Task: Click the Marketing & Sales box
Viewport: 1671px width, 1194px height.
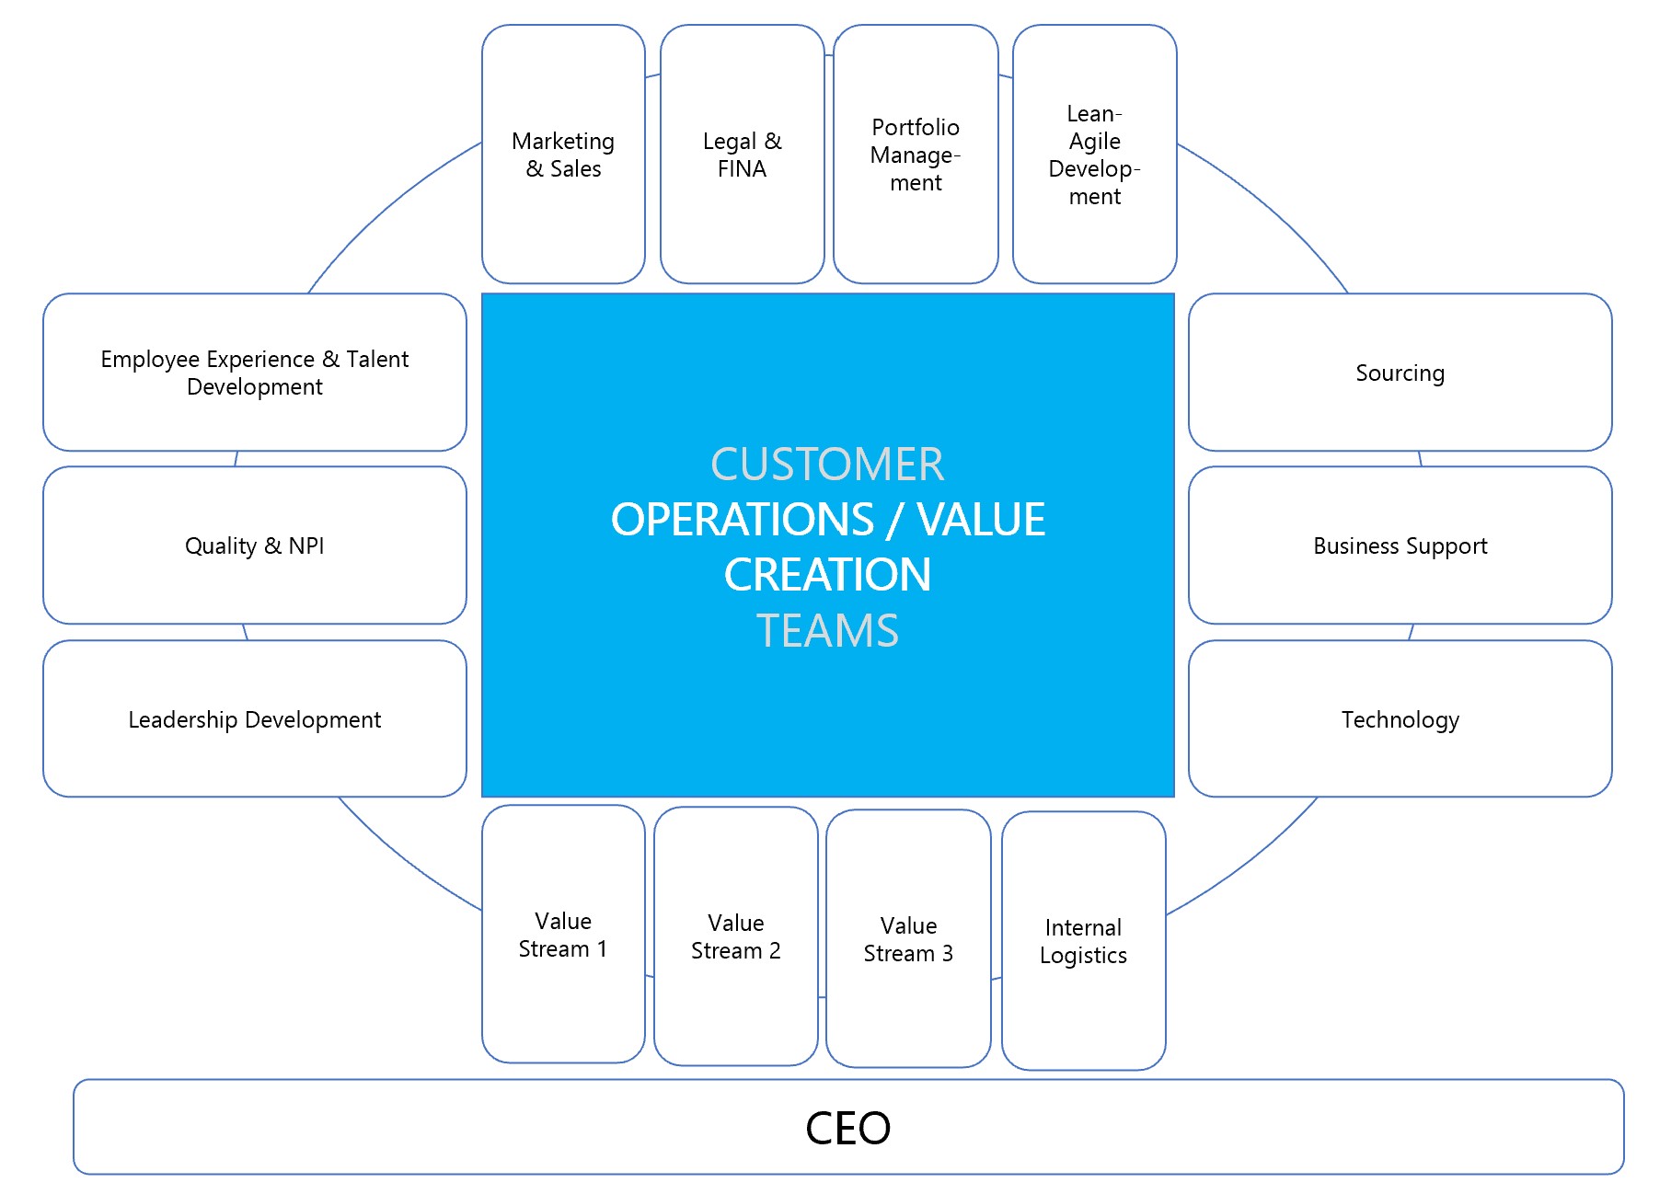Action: point(563,155)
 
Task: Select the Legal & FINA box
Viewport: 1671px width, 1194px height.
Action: point(742,155)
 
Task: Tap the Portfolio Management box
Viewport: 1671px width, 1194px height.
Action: point(916,155)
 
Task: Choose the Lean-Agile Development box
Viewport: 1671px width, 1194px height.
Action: point(1094,155)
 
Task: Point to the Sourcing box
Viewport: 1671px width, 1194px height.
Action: point(1400,373)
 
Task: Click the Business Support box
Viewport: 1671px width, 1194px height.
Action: point(1400,545)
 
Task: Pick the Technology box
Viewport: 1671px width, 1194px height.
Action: point(1400,719)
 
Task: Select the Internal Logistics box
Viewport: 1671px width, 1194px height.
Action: point(1083,941)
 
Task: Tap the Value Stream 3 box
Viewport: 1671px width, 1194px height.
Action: point(908,939)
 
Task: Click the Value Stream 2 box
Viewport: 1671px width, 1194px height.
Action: point(735,936)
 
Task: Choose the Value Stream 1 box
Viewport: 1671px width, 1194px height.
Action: point(563,935)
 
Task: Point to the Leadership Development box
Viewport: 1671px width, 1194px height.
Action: point(255,719)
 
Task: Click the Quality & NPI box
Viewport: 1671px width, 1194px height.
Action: point(255,545)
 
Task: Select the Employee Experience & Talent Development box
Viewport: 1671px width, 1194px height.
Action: point(255,373)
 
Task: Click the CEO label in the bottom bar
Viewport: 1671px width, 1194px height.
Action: point(847,1128)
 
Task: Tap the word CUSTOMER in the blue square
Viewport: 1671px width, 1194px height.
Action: point(827,465)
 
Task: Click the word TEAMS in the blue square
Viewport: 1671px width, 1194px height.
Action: point(827,631)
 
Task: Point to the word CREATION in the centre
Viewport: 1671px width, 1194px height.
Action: point(827,575)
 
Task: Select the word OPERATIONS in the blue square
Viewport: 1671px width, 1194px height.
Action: point(742,520)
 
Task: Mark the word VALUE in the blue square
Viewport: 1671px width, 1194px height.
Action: point(981,520)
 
